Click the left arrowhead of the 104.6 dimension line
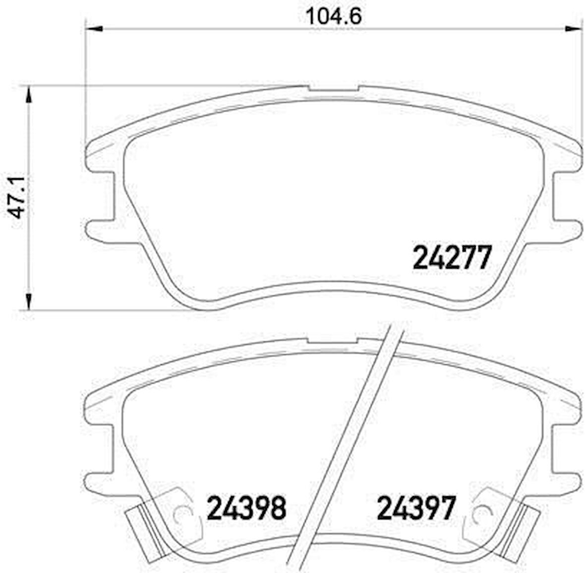pyautogui.click(x=94, y=29)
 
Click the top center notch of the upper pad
pyautogui.click(x=333, y=89)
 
